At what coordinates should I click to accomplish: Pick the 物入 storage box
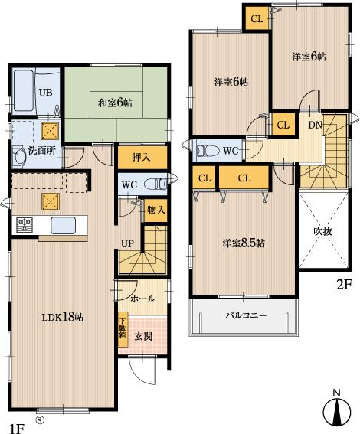click(x=155, y=210)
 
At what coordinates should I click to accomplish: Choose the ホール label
click(x=142, y=298)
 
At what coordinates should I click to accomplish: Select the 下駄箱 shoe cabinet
click(x=122, y=330)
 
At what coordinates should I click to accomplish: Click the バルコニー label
click(x=245, y=315)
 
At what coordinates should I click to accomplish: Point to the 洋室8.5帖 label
click(x=244, y=243)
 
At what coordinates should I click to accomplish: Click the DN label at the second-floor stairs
click(x=315, y=126)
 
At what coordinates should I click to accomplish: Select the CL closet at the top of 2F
click(x=257, y=18)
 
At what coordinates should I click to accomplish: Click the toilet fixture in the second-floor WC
click(x=206, y=151)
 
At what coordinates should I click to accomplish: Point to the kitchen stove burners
click(x=25, y=225)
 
